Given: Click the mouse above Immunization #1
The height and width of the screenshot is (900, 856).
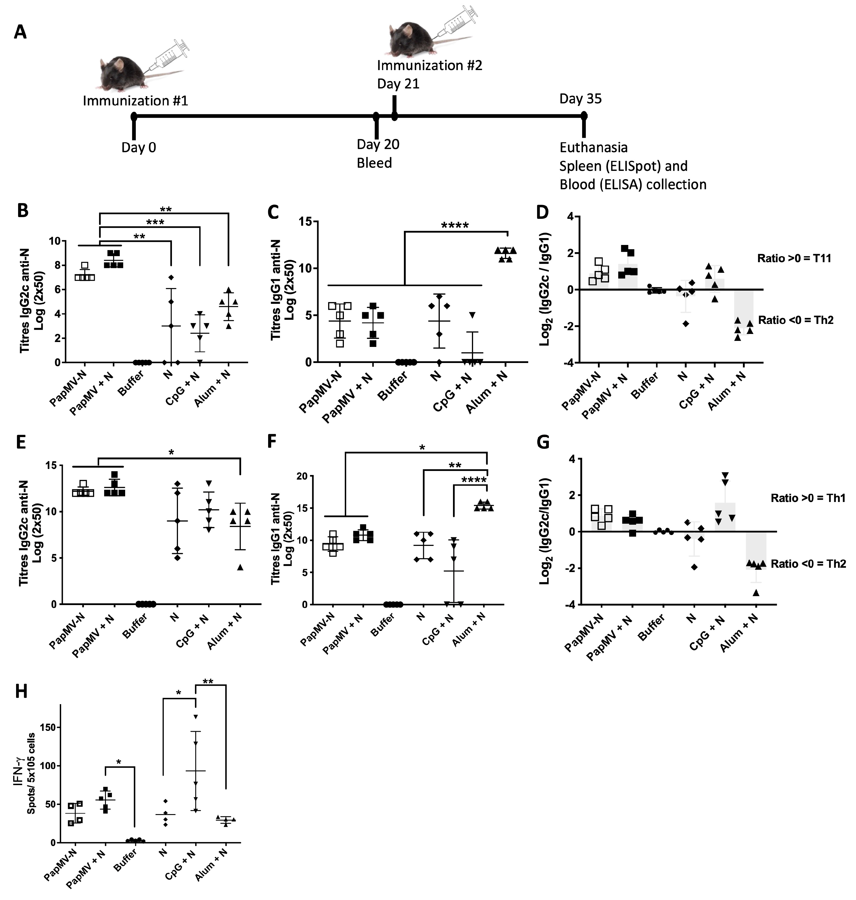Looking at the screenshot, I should pos(119,73).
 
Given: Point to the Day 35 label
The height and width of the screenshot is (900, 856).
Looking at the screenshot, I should pos(580,99).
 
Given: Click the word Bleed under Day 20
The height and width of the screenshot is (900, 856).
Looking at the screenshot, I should pos(374,163).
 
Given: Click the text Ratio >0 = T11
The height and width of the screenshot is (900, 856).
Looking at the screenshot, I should pos(794,258).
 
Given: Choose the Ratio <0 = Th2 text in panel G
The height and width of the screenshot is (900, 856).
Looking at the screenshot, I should pos(808,564).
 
